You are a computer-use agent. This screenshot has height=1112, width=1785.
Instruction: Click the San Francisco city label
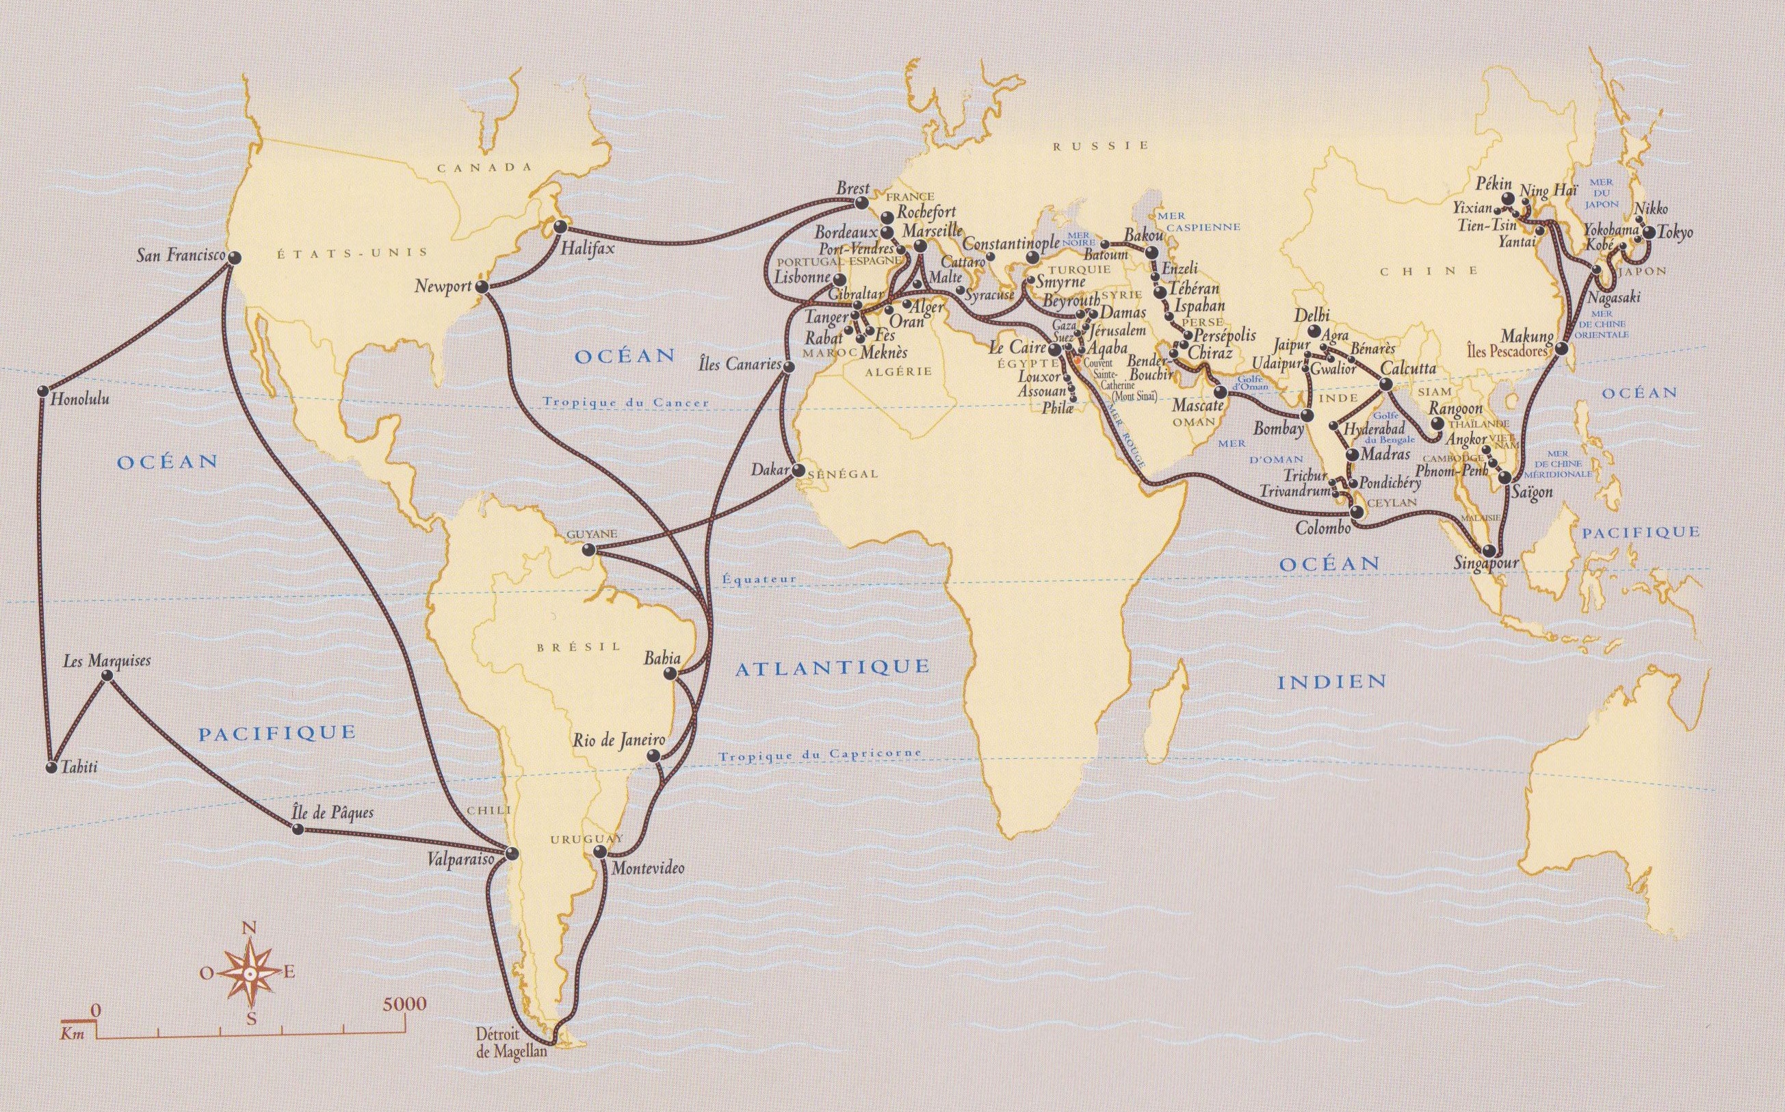(180, 255)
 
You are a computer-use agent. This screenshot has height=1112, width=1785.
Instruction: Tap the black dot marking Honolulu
(42, 391)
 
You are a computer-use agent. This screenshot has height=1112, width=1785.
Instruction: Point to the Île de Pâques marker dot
(298, 829)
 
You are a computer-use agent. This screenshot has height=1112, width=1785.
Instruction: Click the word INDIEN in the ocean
(1331, 681)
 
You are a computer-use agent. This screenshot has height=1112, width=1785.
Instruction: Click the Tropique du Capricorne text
(820, 755)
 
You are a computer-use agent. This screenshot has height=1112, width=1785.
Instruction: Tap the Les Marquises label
(107, 660)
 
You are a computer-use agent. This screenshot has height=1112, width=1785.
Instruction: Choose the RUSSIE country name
(1101, 146)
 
